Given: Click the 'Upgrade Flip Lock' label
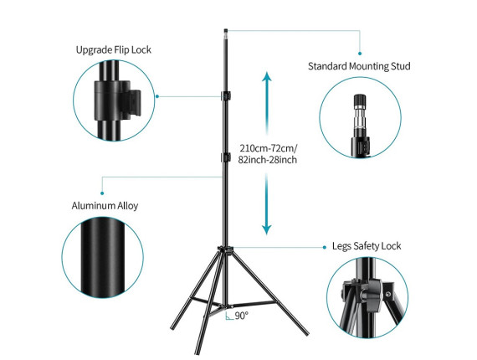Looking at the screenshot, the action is tap(114, 50).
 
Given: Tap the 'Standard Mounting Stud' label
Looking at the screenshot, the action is tap(359, 66).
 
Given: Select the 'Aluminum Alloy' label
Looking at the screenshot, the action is tap(105, 206).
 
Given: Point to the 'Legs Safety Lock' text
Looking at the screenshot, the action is tap(367, 246).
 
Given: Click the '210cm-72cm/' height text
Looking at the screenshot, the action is tap(269, 148).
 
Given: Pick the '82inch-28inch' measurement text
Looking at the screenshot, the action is tap(268, 160).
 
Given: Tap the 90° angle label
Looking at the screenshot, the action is tap(242, 316).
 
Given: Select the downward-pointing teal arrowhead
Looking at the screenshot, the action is tap(267, 229).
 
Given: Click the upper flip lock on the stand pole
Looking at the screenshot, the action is tap(225, 95).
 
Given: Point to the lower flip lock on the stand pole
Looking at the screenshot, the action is tap(225, 157).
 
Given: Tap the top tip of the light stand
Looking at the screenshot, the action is tap(226, 30).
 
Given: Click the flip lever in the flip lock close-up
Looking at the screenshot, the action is tap(132, 103).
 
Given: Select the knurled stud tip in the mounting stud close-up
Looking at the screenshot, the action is tap(360, 100).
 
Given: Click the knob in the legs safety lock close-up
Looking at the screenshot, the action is tap(371, 295).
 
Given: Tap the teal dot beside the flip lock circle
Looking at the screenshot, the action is tap(157, 96).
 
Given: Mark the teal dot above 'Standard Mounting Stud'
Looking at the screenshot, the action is tap(360, 54).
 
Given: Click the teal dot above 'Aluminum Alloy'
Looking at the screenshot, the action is tap(102, 193).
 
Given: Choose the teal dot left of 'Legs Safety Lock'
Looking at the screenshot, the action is tap(325, 248).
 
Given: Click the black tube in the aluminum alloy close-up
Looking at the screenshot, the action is tap(103, 258).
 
